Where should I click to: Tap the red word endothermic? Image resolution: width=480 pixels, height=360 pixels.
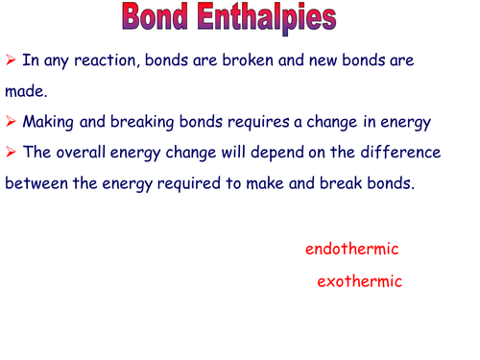pyautogui.click(x=351, y=250)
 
